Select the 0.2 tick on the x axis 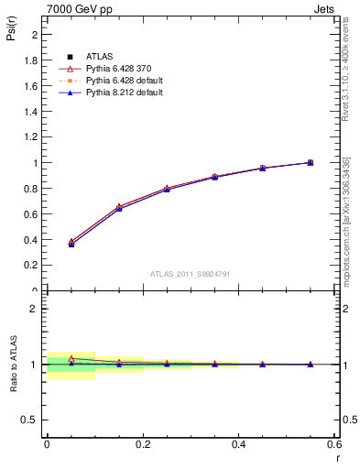pyautogui.click(x=143, y=443)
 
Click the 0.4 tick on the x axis pyautogui.click(x=239, y=443)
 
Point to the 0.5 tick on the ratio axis pyautogui.click(x=34, y=420)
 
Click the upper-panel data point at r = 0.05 pyautogui.click(x=71, y=244)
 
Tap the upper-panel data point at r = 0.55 pyautogui.click(x=311, y=162)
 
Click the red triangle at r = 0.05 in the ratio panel pyautogui.click(x=71, y=358)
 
